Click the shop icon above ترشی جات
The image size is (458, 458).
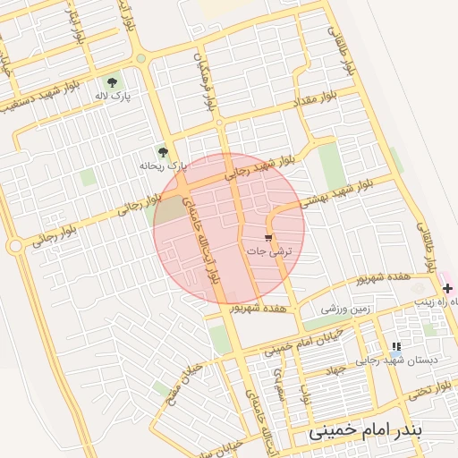[268, 237]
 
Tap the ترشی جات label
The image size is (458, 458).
[268, 252]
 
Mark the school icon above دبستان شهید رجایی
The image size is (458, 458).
[394, 346]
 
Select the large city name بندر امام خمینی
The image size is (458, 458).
[380, 430]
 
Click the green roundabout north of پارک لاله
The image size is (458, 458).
[140, 59]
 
